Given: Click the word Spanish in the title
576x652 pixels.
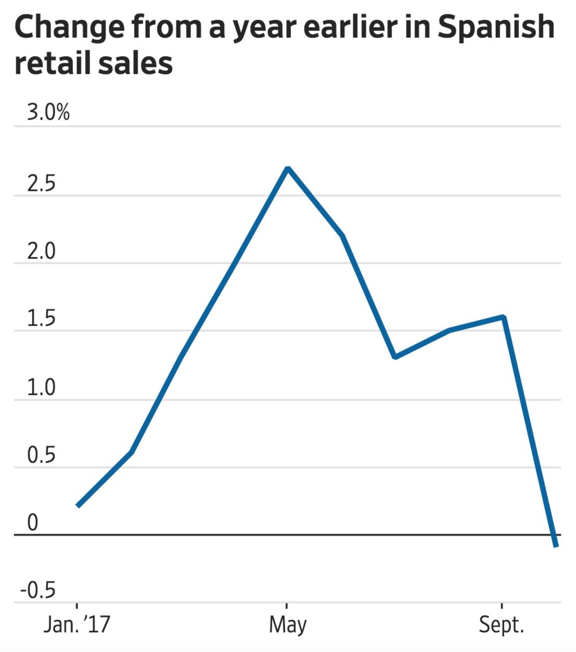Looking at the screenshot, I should coord(495,27).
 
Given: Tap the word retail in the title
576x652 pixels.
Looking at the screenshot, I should coord(51,63).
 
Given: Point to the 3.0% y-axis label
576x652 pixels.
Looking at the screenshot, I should coord(48,112).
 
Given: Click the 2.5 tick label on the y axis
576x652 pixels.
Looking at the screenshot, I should coord(41,184).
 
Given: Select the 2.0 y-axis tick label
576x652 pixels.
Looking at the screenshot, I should coord(41,251).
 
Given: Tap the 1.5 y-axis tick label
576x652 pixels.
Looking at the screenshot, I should coord(41,319).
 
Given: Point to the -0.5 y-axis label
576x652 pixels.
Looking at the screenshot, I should coord(37,591).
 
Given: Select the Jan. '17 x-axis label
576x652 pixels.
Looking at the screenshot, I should coord(77,624).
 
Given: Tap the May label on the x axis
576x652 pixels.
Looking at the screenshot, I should coord(287,624).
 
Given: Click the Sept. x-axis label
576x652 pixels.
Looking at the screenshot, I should coord(501,624).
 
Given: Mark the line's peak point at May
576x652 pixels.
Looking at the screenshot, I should coord(288,169).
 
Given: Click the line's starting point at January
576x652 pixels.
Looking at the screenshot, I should coord(78,505).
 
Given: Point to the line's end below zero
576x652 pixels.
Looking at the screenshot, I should coord(556,545).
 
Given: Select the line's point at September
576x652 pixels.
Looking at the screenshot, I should coord(503,317).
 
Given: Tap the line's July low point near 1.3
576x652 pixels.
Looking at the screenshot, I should coord(395,357).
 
